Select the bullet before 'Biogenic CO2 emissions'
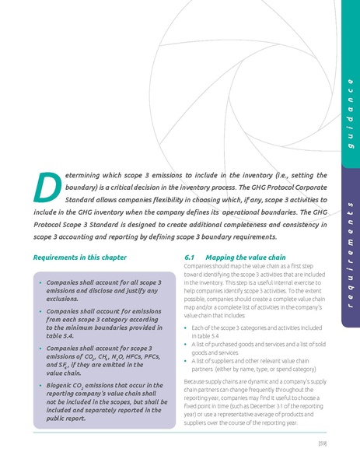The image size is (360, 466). click(38, 384)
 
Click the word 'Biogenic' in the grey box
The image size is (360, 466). click(59, 384)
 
